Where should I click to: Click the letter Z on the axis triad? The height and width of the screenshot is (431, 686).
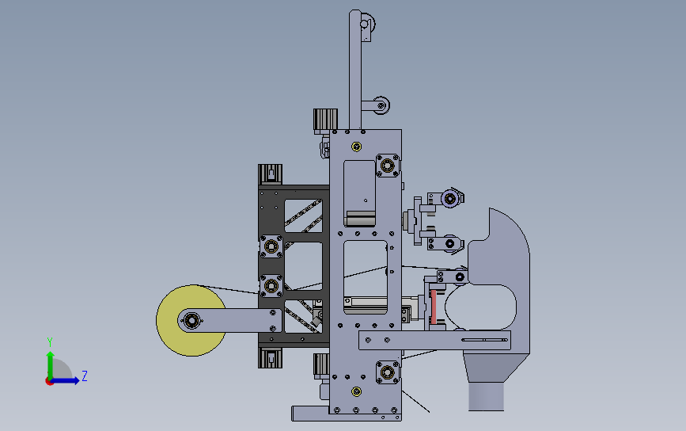pos(85,376)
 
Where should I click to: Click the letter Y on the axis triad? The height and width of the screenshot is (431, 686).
pos(49,341)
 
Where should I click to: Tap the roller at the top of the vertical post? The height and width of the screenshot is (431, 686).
pos(365,23)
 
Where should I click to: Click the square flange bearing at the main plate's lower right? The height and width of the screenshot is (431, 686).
pos(387,372)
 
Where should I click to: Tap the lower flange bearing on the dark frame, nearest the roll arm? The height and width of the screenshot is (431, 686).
pos(272,284)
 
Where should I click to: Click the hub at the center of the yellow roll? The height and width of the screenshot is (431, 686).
pos(191,320)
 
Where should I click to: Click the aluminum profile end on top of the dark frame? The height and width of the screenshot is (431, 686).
pos(271,174)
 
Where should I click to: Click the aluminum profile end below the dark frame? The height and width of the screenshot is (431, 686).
pos(271,357)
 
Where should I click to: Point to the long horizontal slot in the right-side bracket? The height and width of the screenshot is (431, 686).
pos(484,341)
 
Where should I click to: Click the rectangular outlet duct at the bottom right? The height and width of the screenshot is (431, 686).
pos(486,396)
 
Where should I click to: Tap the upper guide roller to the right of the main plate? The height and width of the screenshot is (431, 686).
pos(450,198)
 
